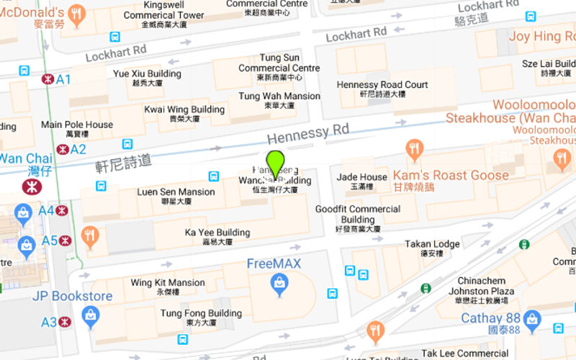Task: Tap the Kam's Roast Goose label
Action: pyautogui.click(x=451, y=175)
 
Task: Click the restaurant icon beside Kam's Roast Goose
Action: pyautogui.click(x=414, y=149)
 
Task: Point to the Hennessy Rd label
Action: pyautogui.click(x=307, y=132)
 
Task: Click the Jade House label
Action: pyautogui.click(x=362, y=177)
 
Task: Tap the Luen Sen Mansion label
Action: pyautogui.click(x=176, y=192)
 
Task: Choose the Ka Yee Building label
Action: pyautogui.click(x=217, y=233)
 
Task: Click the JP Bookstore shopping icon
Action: pyautogui.click(x=90, y=315)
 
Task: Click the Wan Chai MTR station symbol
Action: pyautogui.click(x=31, y=186)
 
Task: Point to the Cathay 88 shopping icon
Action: pyautogui.click(x=532, y=318)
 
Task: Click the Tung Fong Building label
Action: pyautogui.click(x=201, y=314)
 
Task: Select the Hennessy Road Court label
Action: pyautogui.click(x=382, y=85)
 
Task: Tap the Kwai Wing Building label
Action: pyautogui.click(x=184, y=110)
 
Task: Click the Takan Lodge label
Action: pyautogui.click(x=432, y=245)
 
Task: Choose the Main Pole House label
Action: pyautogui.click(x=77, y=125)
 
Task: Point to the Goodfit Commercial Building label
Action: pyautogui.click(x=358, y=215)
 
